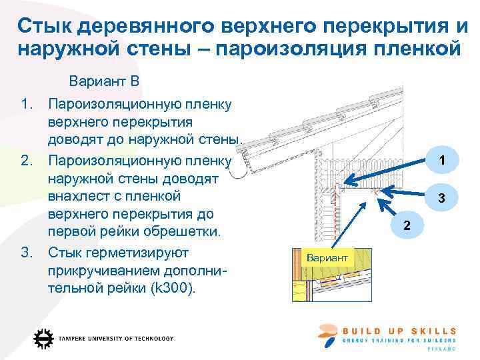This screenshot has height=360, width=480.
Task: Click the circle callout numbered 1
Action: [441, 160]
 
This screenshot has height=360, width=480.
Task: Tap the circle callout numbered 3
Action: [441, 197]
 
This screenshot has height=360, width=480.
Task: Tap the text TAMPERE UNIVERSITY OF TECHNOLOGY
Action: [115, 339]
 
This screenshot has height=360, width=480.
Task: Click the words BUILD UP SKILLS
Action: [399, 331]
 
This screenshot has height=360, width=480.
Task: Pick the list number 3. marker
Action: [27, 253]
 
